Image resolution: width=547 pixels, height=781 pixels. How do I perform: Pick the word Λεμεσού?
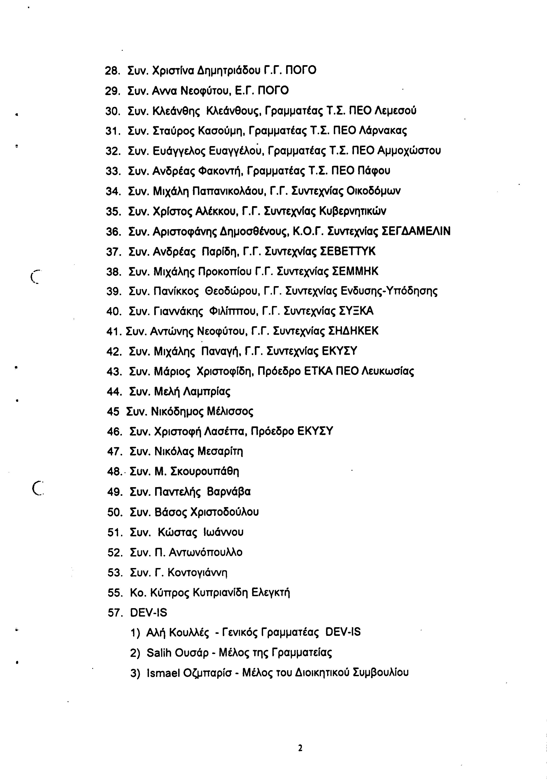point(395,111)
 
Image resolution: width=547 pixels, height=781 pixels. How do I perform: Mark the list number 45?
point(113,412)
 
